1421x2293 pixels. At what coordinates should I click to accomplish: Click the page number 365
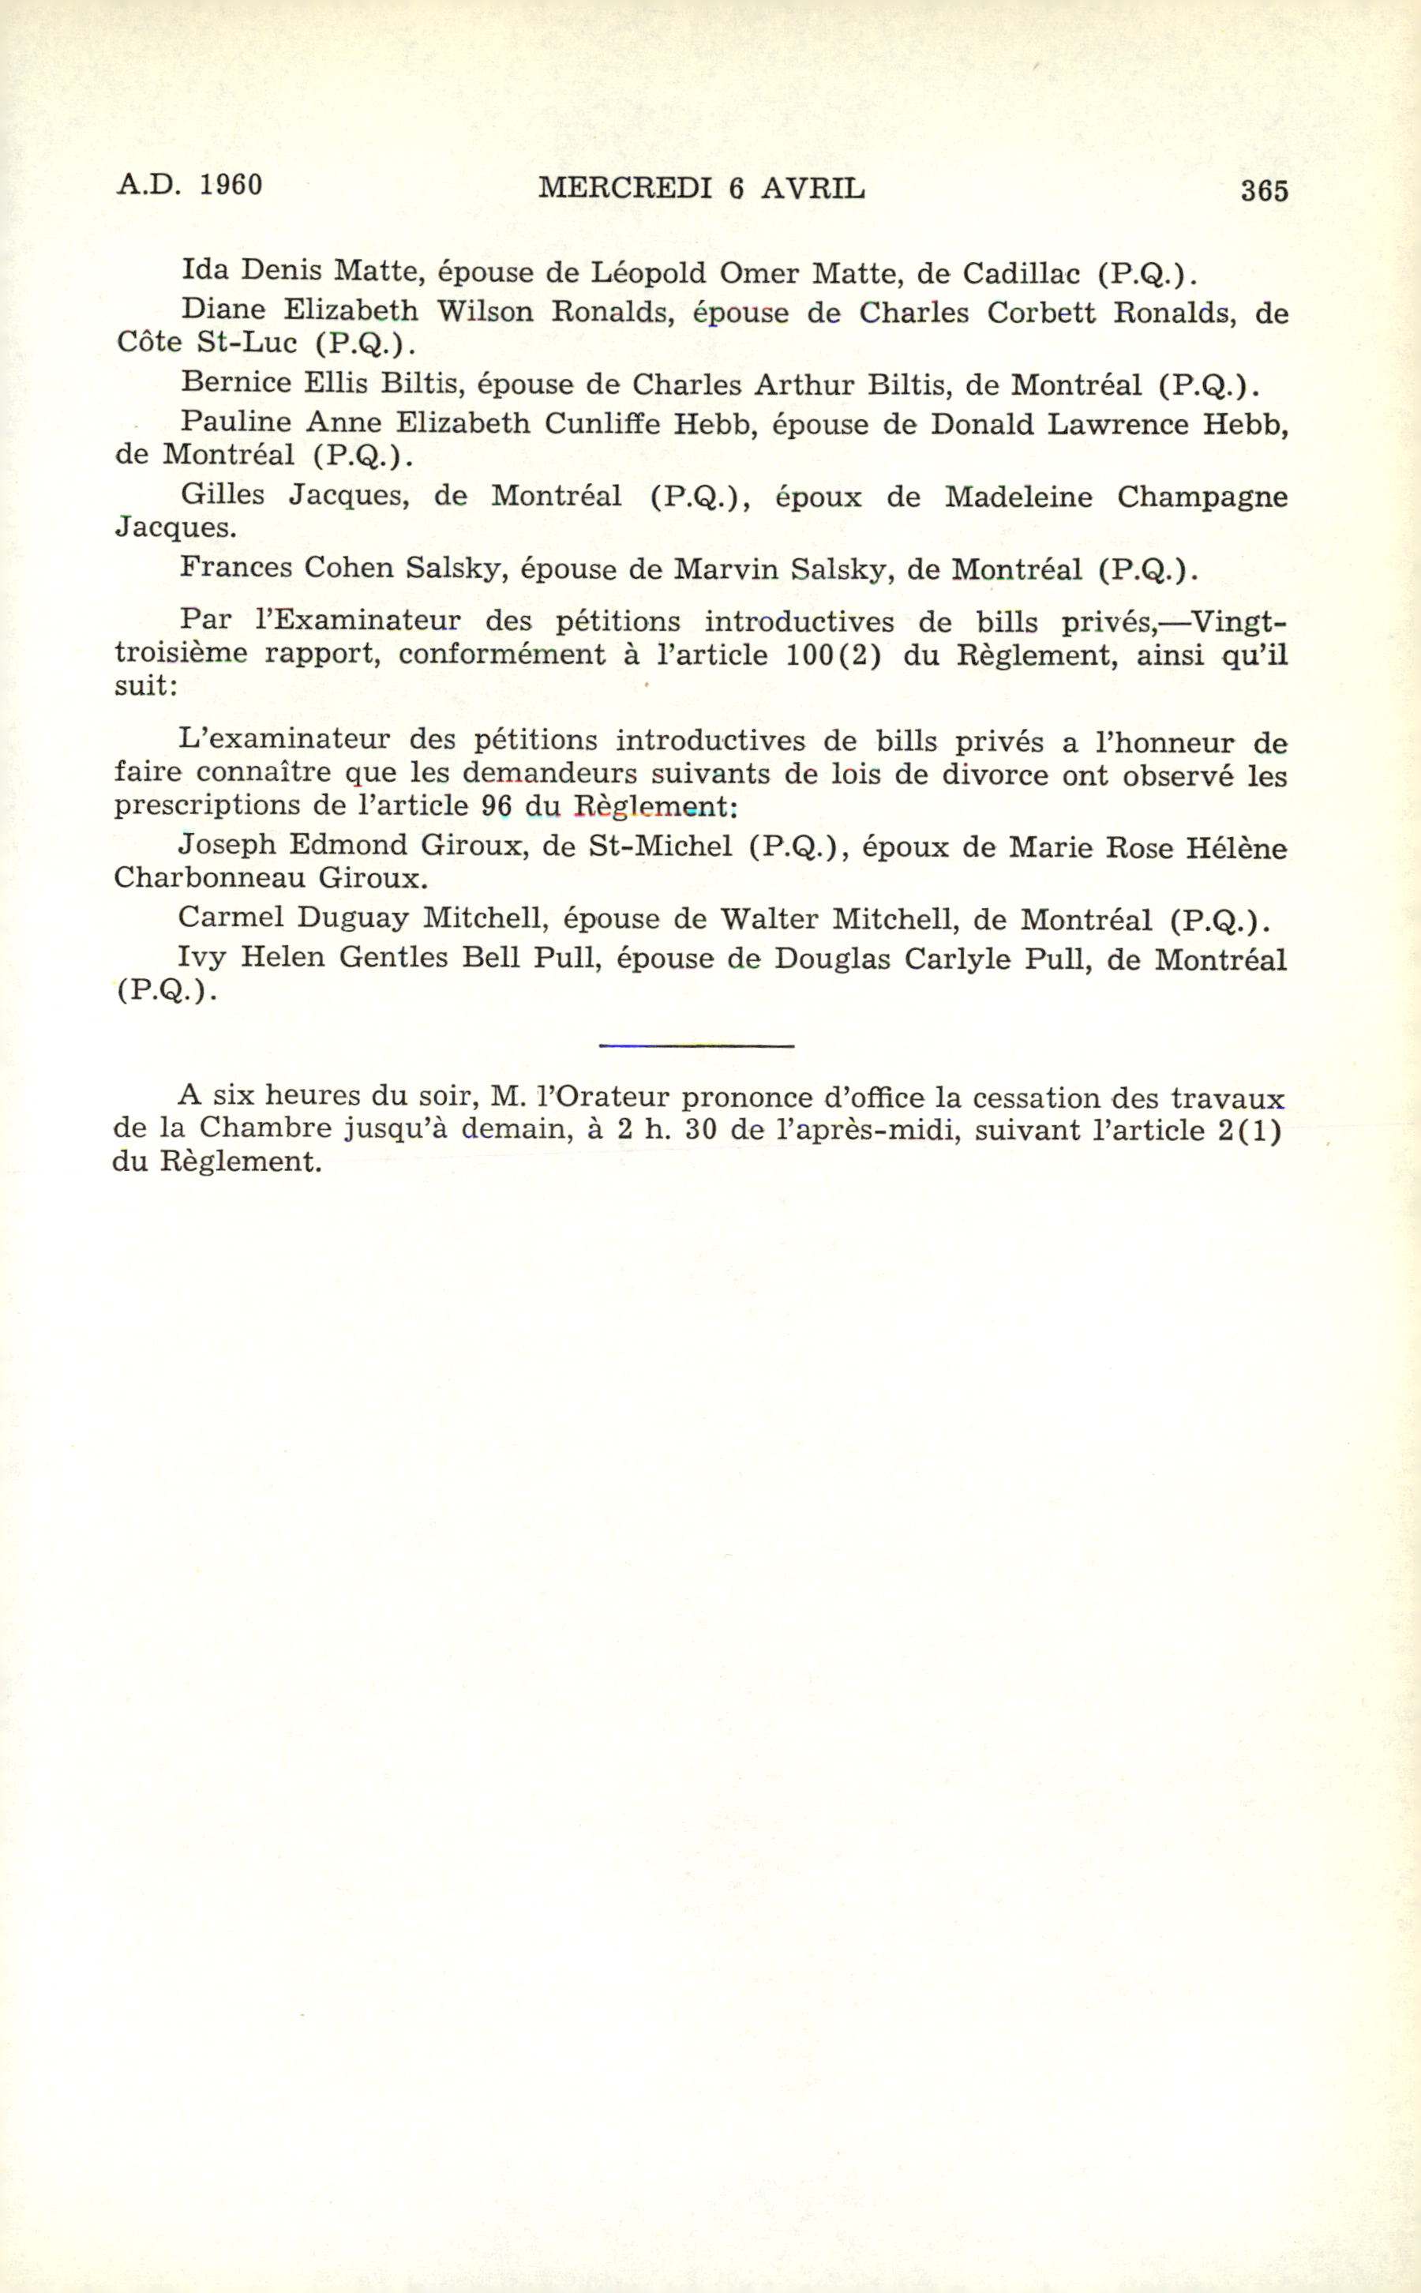click(1264, 191)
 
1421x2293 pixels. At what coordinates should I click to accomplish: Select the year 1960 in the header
click(231, 185)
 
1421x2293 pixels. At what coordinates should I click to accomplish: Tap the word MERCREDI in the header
click(625, 189)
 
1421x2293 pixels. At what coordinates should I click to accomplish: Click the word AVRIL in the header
click(812, 189)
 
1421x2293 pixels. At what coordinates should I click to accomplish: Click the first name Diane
click(223, 310)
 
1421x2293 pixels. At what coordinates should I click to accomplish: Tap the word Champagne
click(1201, 497)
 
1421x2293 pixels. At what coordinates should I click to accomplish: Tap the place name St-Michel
click(660, 846)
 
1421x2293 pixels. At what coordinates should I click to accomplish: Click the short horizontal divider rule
click(696, 1045)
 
